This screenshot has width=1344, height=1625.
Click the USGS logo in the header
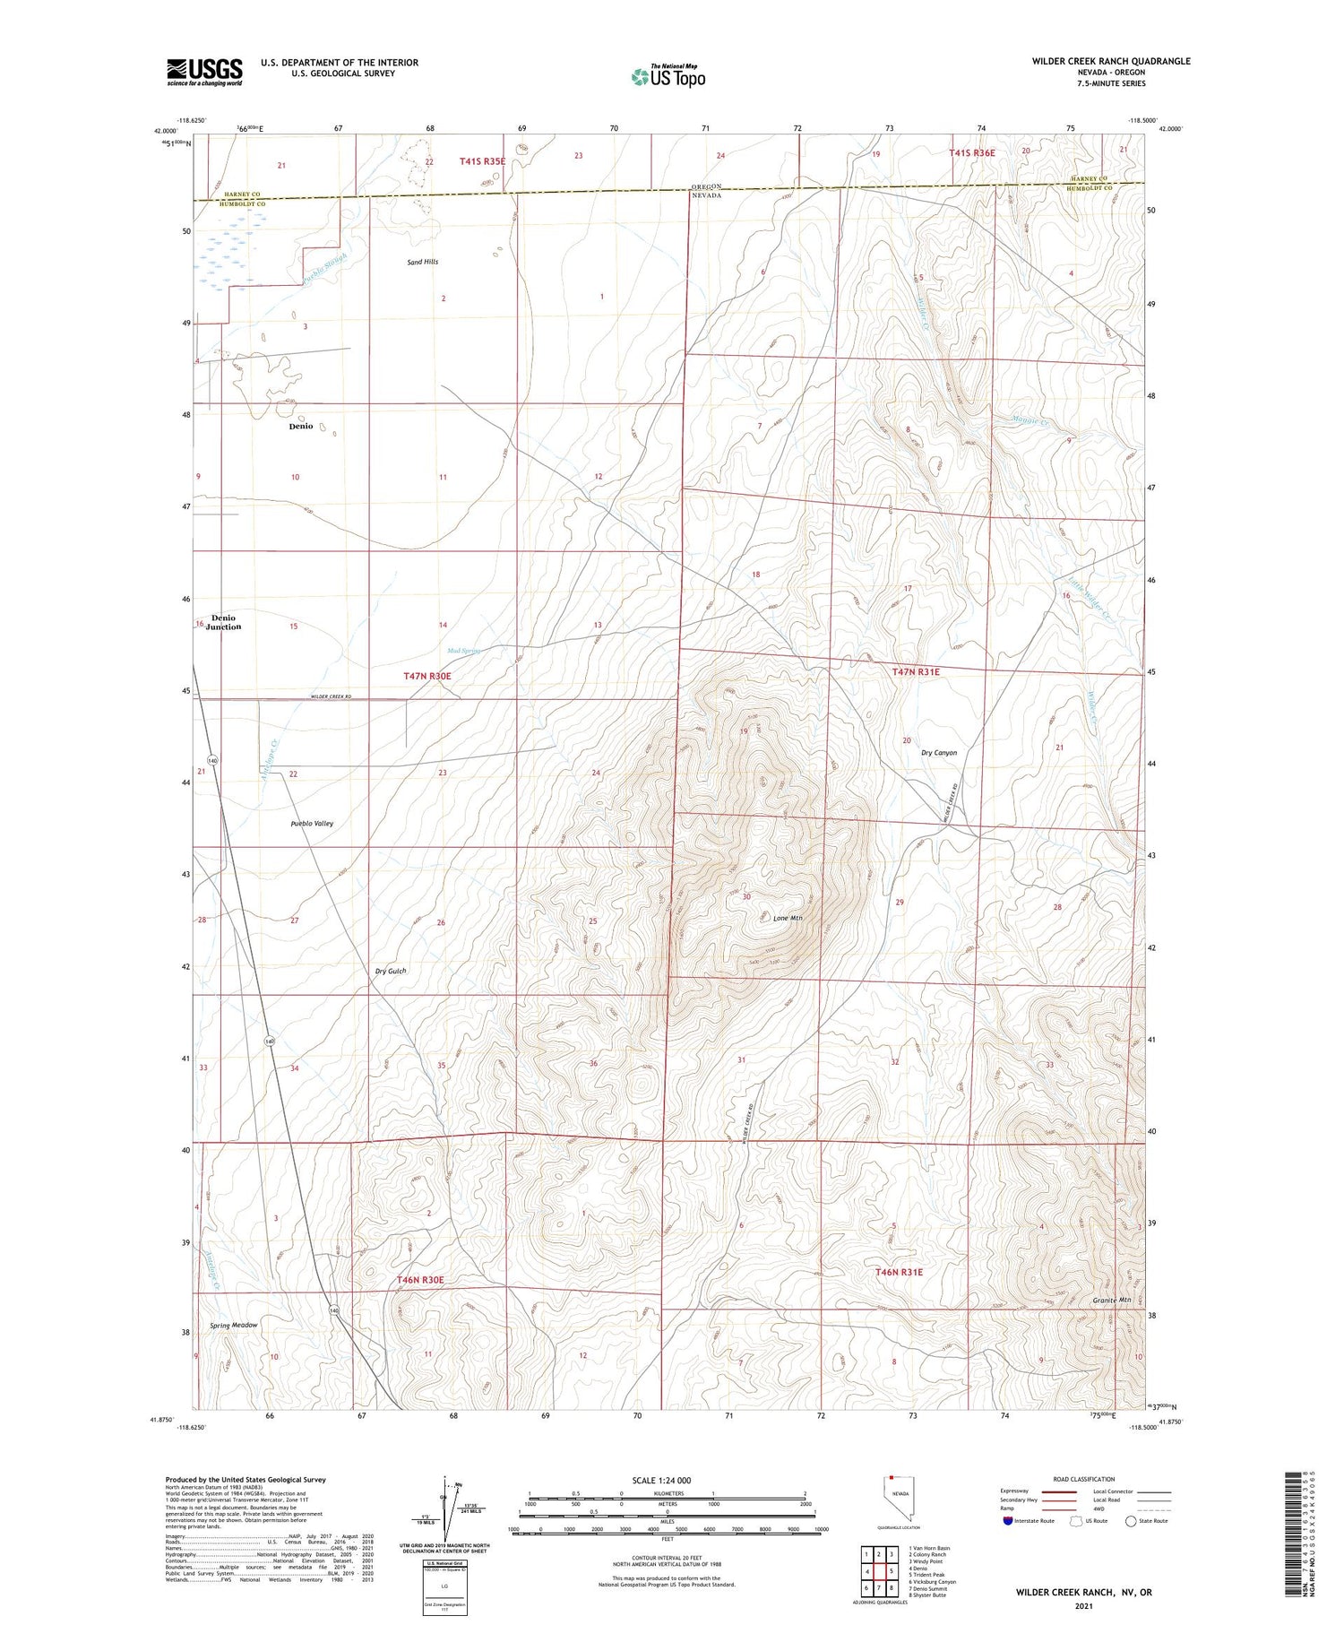(x=204, y=72)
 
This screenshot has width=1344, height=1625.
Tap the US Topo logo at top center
(x=668, y=76)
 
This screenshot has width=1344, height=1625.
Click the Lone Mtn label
(x=788, y=918)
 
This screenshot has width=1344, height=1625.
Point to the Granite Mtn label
(x=1112, y=1300)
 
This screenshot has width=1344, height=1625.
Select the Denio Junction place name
(x=223, y=622)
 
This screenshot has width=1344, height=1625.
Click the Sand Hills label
(x=423, y=262)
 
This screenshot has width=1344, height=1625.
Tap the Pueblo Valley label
(x=312, y=823)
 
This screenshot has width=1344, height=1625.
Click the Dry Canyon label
(x=939, y=753)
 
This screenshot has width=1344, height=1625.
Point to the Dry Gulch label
(x=391, y=971)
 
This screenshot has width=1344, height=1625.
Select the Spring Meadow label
(x=233, y=1325)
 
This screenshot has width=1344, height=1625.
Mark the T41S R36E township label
(x=972, y=153)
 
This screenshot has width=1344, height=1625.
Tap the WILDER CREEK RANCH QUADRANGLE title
(x=1111, y=61)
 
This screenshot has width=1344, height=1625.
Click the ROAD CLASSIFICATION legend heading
(x=1084, y=1479)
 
